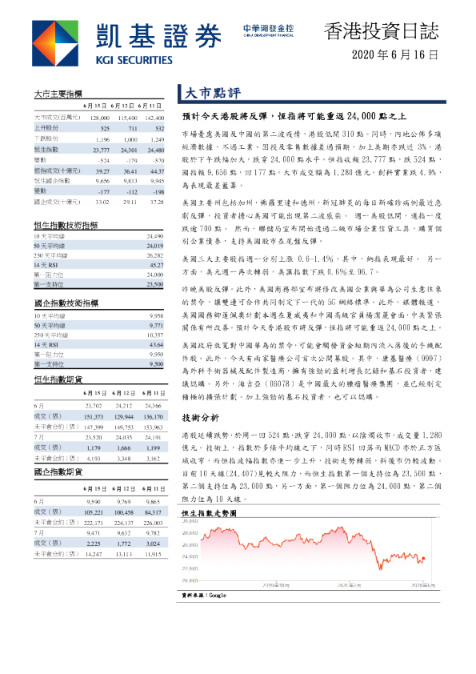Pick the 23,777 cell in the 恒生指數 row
click(x=101, y=150)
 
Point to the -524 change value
click(x=101, y=160)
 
